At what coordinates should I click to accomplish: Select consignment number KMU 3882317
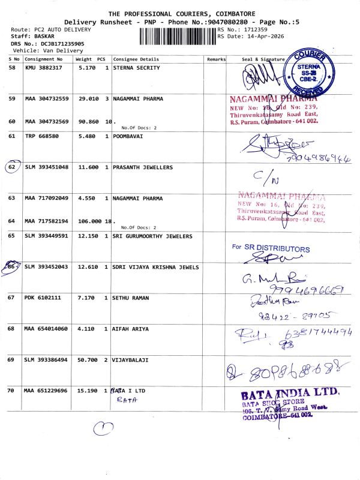point(46,68)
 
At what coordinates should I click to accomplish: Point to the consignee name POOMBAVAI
point(129,136)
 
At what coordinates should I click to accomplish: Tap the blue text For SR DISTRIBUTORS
point(271,248)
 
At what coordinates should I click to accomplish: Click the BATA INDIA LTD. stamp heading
point(290,394)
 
